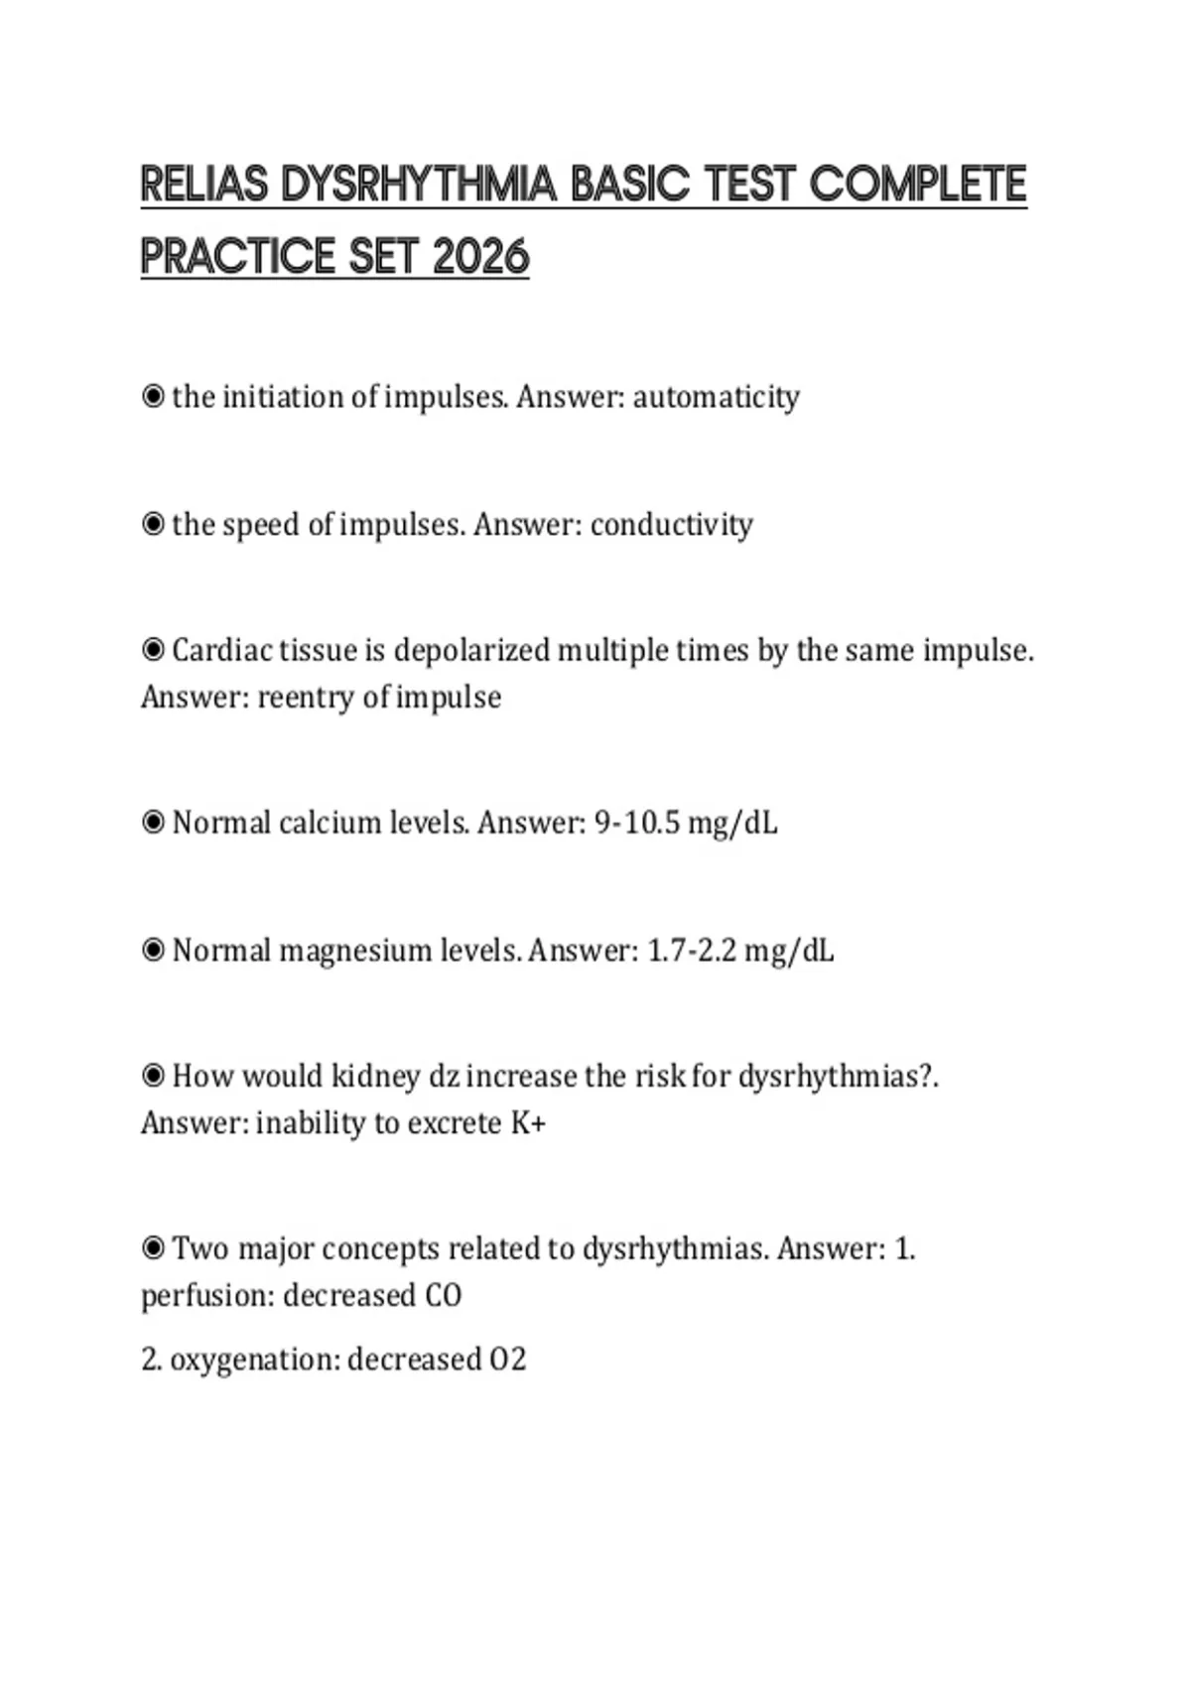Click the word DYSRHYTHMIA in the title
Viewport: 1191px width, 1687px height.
pos(418,185)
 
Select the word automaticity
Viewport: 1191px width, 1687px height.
pos(716,397)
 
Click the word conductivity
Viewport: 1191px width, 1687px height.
pos(671,524)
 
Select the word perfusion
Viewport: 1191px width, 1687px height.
pos(206,1296)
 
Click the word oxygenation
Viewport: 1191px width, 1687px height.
pos(254,1360)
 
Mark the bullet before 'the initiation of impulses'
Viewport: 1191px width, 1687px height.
pos(153,397)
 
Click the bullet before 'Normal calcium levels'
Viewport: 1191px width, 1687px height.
pos(153,823)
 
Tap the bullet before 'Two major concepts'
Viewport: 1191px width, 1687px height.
pos(153,1248)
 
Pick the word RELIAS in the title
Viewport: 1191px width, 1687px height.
pos(204,185)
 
